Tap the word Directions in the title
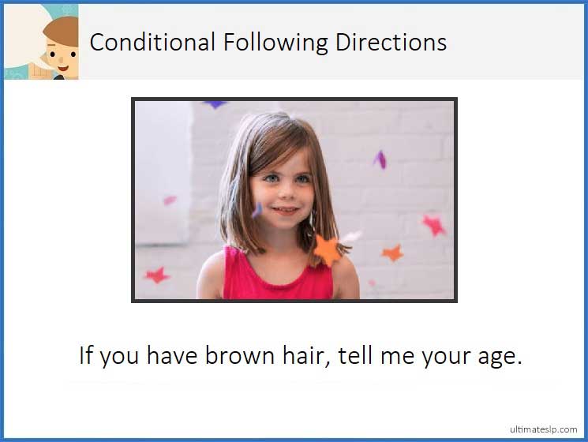tap(391, 42)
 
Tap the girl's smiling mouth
tap(286, 211)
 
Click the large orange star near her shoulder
tap(328, 249)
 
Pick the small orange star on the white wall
tap(392, 253)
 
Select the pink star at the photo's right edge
tap(433, 225)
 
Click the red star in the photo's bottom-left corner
tap(156, 275)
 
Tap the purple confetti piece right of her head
tap(380, 159)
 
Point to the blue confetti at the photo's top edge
tap(214, 104)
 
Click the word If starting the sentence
tap(86, 355)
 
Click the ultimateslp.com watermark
tap(543, 429)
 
